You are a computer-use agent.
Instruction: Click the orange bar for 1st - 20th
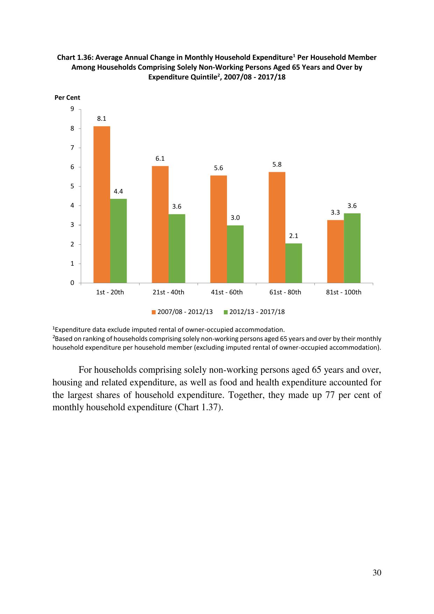click(102, 204)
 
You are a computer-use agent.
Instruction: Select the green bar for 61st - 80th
click(294, 263)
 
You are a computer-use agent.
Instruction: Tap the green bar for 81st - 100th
click(352, 248)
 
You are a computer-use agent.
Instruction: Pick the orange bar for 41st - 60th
click(219, 229)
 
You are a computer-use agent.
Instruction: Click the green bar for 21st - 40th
click(177, 248)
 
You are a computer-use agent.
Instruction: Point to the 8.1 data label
click(102, 119)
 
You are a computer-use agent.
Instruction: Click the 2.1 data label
click(294, 236)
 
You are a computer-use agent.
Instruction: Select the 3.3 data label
click(335, 212)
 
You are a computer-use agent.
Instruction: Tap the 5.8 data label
click(277, 165)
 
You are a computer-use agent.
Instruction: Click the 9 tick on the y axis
click(72, 109)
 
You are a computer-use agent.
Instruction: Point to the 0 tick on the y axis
click(72, 283)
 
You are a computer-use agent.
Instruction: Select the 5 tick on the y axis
click(72, 186)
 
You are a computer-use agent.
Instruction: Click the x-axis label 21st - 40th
click(168, 292)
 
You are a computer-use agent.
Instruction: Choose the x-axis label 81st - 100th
click(343, 292)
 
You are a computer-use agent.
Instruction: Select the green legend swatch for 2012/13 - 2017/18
click(226, 312)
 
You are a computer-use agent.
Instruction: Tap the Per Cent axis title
click(67, 98)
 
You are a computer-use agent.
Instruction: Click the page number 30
click(377, 573)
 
